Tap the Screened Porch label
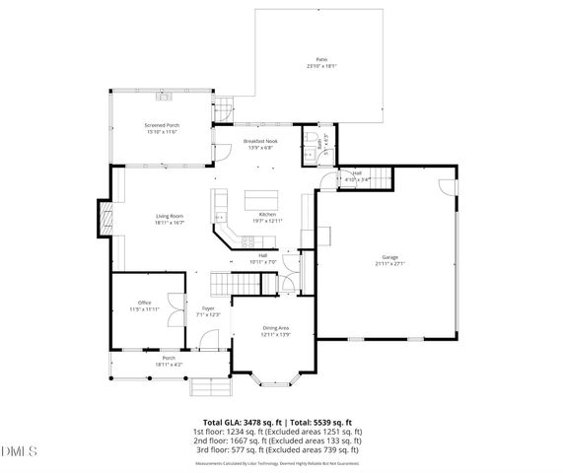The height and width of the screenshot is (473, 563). (x=162, y=125)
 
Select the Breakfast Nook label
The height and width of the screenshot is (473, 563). (x=261, y=141)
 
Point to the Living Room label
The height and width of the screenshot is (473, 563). (x=170, y=216)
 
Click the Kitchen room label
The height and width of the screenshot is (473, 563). (x=267, y=215)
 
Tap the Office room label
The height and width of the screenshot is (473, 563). (x=144, y=303)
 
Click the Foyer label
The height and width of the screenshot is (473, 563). (x=208, y=308)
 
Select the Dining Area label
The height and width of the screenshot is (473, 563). (x=275, y=327)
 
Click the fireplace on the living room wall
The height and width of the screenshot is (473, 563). (x=103, y=218)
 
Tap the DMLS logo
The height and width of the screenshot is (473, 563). (x=19, y=452)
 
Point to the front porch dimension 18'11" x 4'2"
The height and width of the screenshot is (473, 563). (x=169, y=365)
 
